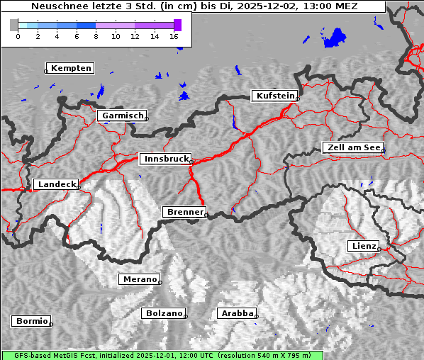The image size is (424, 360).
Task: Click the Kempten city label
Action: click(x=71, y=68)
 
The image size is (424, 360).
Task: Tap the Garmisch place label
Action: click(x=123, y=116)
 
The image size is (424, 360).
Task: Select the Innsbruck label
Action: click(x=164, y=159)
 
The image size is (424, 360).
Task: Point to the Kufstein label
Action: click(x=274, y=96)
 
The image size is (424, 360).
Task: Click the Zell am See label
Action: click(x=352, y=147)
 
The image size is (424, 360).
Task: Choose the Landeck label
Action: click(x=56, y=184)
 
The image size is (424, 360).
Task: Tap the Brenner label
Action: click(x=184, y=212)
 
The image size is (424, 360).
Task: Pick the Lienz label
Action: click(x=363, y=246)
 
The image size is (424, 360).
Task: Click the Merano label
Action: click(x=139, y=279)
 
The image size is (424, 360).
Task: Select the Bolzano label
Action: click(x=164, y=313)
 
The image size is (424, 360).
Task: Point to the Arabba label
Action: click(x=236, y=313)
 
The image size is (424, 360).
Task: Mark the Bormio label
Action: click(x=31, y=321)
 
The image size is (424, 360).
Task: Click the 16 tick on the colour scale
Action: click(x=174, y=36)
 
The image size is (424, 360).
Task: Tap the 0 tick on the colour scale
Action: click(x=18, y=36)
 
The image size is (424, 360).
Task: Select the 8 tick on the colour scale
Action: click(x=96, y=36)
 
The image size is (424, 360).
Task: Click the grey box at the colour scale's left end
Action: click(x=14, y=25)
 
